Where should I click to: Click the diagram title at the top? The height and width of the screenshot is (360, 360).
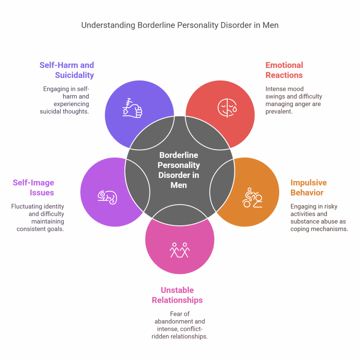coord(180,25)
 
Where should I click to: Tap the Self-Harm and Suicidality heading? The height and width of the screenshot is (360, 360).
coord(66,70)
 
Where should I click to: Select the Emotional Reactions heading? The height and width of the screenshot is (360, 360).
coord(284,70)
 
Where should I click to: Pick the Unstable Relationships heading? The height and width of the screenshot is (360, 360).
coord(177,295)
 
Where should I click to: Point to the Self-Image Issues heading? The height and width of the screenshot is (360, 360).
coord(33,187)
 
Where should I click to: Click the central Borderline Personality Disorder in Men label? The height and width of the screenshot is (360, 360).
coord(178,170)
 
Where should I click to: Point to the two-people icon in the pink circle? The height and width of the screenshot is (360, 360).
coord(180,250)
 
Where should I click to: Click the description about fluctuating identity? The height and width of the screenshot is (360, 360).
coord(38,218)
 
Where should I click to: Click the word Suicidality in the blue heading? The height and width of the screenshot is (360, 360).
coord(75,75)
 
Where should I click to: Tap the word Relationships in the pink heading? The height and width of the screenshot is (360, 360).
coord(177,300)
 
